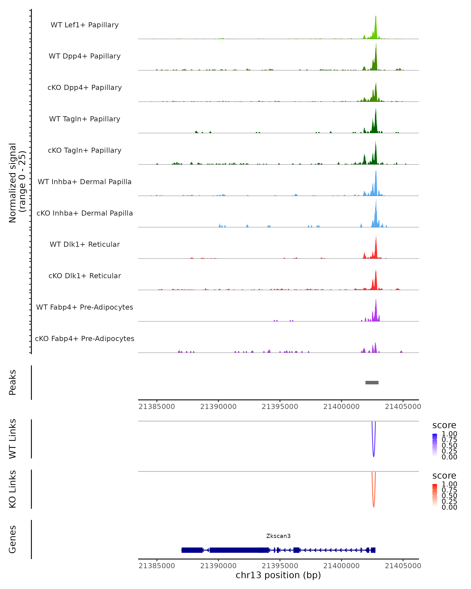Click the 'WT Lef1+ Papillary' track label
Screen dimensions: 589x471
coord(85,25)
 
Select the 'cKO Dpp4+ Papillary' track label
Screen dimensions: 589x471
coord(85,87)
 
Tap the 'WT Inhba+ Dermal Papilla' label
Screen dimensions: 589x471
coord(85,182)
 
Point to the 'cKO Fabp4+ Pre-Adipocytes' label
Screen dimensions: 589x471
coord(85,338)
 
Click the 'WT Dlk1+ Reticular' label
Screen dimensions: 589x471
coord(85,244)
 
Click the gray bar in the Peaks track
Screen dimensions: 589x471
coord(372,382)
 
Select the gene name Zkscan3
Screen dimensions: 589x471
coord(278,536)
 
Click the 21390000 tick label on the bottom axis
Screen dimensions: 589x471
coord(218,566)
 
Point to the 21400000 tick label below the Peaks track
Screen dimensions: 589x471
coord(341,407)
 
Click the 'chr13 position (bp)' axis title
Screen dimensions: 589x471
coord(278,575)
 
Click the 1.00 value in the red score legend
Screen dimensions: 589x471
coord(449,484)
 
